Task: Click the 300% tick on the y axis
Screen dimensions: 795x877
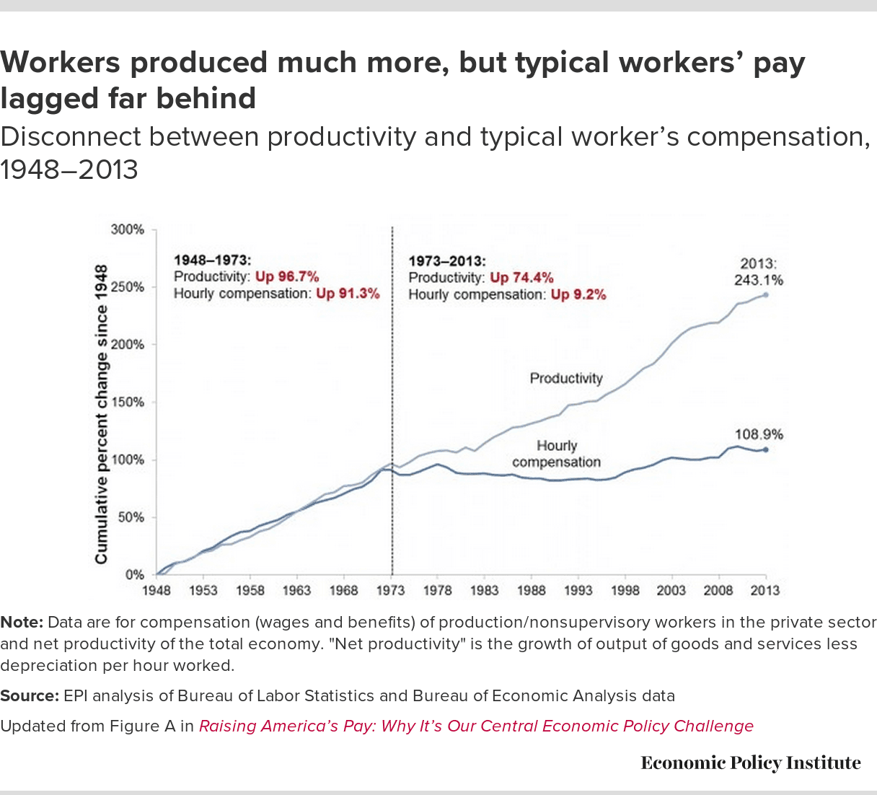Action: [x=128, y=229]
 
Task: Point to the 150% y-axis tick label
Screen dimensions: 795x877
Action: [x=128, y=403]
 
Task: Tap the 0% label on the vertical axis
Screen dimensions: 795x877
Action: [x=135, y=575]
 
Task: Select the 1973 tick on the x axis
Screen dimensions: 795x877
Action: [x=391, y=590]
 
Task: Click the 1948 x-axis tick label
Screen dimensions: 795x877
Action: [x=157, y=590]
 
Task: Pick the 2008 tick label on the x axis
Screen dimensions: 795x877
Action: [x=718, y=590]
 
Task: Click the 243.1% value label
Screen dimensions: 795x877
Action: [x=759, y=280]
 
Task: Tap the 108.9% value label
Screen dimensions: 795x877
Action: [x=759, y=434]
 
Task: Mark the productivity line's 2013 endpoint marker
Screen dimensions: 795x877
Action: [x=765, y=295]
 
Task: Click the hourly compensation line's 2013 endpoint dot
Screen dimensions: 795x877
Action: [x=765, y=449]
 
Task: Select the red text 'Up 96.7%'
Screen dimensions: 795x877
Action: [x=287, y=277]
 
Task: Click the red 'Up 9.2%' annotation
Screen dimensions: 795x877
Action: [x=578, y=294]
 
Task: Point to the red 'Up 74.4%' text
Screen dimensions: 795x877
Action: [x=521, y=278]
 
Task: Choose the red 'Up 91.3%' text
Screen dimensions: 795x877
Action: [x=348, y=294]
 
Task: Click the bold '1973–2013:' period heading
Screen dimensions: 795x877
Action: [x=447, y=261]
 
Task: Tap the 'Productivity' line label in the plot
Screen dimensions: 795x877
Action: [x=565, y=378]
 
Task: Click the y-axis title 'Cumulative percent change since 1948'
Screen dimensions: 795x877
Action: [x=101, y=415]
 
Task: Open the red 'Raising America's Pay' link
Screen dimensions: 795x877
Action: [x=476, y=726]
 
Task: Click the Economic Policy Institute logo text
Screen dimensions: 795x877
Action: [x=750, y=763]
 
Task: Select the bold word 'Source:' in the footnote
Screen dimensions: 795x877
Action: [x=29, y=696]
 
